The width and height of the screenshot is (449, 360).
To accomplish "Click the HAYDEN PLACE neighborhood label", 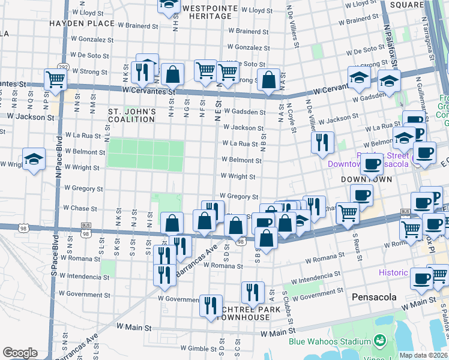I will (x=82, y=23).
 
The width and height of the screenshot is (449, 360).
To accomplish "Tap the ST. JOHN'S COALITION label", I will (x=132, y=115).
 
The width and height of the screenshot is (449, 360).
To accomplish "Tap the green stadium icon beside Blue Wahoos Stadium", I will (x=379, y=341).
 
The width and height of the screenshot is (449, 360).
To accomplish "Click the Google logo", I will (x=20, y=353).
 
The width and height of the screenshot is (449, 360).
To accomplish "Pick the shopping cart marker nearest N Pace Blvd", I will (x=55, y=78).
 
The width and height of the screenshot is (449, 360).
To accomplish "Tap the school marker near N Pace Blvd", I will (x=34, y=159).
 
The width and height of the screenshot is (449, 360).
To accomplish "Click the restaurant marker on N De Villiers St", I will (x=323, y=142).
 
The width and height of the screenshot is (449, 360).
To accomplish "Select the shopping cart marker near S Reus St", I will (x=348, y=212).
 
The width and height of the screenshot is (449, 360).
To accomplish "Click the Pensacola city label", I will (x=371, y=298).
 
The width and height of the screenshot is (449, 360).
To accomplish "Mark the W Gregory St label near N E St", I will (x=238, y=196).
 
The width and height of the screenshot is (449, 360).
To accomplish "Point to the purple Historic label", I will (x=393, y=272).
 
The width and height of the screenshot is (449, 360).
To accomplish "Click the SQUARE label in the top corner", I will (x=406, y=5).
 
